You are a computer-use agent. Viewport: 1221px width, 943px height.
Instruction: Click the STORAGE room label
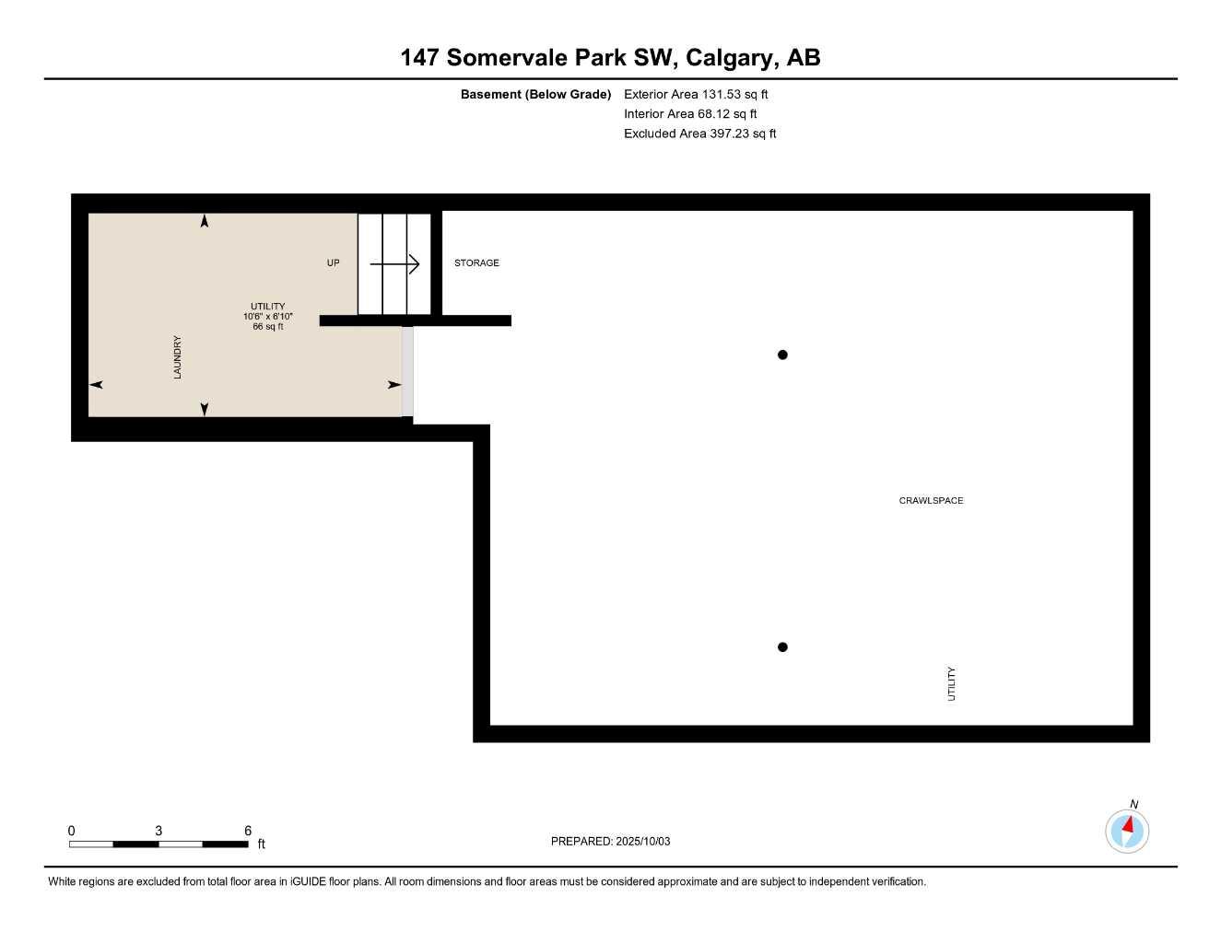[x=476, y=263]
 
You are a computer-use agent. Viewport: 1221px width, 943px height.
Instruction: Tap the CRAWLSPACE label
[x=931, y=501]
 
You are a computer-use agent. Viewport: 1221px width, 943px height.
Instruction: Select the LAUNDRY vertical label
[x=178, y=357]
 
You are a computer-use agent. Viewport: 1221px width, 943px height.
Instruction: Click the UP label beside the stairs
[x=334, y=263]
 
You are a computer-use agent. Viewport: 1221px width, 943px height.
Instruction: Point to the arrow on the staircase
[x=395, y=264]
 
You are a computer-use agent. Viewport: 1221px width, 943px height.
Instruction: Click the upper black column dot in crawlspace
[x=782, y=355]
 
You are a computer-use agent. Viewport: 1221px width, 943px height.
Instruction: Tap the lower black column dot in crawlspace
[x=782, y=647]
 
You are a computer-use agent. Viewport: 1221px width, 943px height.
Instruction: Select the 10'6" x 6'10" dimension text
[x=267, y=317]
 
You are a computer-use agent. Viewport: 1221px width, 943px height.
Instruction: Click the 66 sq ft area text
[x=267, y=327]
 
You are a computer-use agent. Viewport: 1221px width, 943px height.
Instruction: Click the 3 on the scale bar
[x=158, y=831]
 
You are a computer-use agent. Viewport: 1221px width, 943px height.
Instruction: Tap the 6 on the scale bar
[x=248, y=831]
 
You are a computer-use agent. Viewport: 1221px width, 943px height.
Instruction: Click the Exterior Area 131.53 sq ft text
[x=696, y=94]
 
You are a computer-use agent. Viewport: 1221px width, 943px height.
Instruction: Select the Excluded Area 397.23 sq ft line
[x=699, y=134]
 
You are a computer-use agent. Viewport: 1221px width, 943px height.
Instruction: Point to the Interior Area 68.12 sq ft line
[x=690, y=114]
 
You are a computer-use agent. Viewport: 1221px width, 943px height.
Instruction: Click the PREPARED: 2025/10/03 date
[x=610, y=842]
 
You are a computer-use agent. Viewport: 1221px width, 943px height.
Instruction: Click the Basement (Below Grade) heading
[x=535, y=94]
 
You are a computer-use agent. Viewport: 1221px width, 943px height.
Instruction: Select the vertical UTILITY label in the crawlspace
[x=952, y=684]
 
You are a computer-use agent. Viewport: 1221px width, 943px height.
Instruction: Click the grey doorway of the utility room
[x=407, y=371]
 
